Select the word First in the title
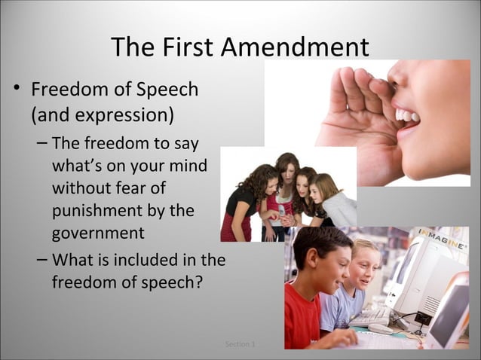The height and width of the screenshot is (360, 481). click(x=189, y=48)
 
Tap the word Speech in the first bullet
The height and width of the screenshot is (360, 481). click(x=168, y=90)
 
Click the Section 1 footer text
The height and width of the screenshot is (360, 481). click(x=240, y=344)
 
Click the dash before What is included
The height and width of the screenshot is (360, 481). click(x=42, y=261)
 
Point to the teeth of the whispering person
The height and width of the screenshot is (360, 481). click(x=407, y=115)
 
